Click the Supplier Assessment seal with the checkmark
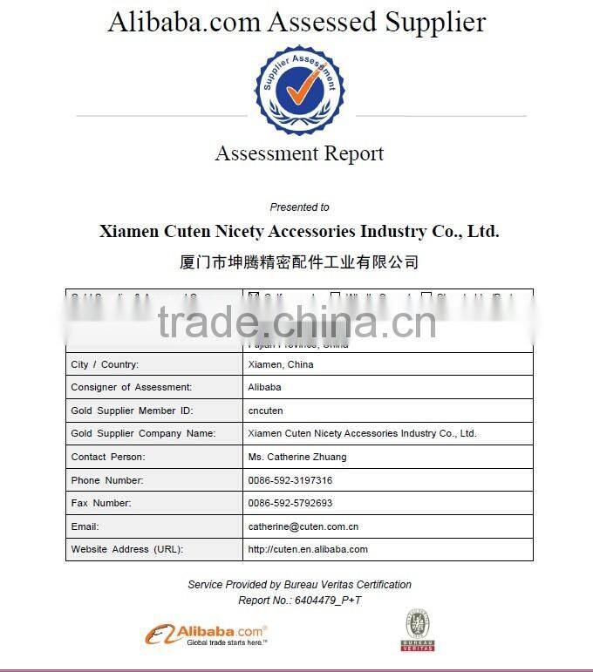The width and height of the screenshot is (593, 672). point(299,90)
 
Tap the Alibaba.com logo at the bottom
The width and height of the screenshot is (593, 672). point(206,634)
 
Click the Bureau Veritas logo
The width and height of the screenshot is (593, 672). point(417,629)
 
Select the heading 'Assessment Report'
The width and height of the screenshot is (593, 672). point(299,154)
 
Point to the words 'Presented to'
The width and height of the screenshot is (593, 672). point(299,207)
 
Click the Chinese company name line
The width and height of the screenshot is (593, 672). point(299,261)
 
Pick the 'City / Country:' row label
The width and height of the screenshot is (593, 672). point(105,364)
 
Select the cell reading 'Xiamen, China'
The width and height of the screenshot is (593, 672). point(281,364)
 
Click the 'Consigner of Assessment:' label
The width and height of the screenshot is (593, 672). point(132,387)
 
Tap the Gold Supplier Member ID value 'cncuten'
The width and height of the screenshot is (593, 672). point(265,411)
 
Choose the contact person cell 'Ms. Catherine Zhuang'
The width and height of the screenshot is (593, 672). point(297,457)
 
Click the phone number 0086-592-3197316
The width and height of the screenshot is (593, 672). point(290,480)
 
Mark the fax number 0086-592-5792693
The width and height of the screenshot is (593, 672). point(290,503)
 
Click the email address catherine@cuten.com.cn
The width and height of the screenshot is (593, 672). point(303,526)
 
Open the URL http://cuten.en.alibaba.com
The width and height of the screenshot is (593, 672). point(308,549)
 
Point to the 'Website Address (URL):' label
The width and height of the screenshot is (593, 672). point(127,549)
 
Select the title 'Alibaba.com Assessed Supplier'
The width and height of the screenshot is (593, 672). point(296,22)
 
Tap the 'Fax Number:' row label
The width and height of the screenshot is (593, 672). point(101,503)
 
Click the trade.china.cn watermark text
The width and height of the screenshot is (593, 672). point(296,322)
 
